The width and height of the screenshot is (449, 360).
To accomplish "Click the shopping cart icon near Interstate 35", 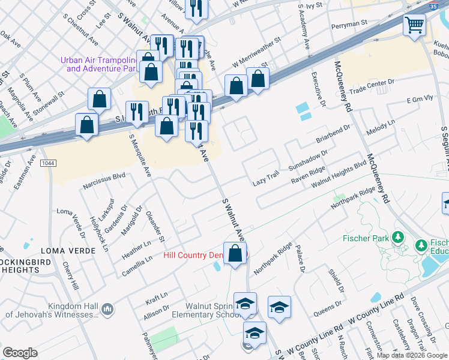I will pos(414,26).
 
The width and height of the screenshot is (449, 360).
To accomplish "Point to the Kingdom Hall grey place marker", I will pos(107,309).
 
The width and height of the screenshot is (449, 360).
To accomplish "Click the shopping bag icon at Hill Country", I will pos(235,253).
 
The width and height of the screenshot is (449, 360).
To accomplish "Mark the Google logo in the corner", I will pos(20,353).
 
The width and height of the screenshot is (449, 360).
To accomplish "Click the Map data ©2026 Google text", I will pos(412,355).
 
